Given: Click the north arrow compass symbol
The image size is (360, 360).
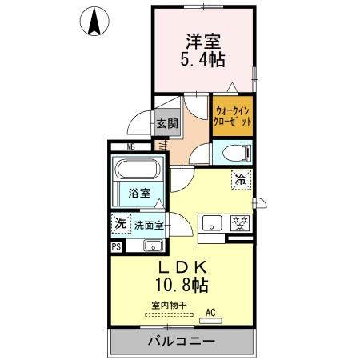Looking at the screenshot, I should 94,22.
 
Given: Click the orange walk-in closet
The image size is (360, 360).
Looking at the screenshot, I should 234,117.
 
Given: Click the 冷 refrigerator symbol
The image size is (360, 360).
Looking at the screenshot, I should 239,180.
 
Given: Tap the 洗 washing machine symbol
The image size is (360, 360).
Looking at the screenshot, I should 119,224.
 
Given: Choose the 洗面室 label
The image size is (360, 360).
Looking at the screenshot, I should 148,226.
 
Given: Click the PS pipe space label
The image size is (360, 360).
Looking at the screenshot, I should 117,246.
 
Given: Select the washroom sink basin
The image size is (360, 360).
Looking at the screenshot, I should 153,245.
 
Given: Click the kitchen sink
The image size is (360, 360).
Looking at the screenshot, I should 212,223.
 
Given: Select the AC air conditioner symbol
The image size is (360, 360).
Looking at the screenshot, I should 211,312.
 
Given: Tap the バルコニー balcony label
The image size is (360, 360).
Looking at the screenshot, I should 180,342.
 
